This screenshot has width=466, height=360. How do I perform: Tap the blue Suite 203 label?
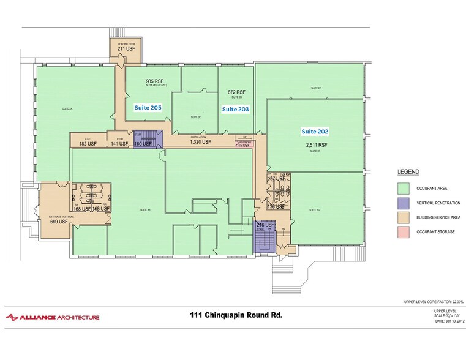(235, 108)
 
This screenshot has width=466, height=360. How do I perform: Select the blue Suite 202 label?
(314, 131)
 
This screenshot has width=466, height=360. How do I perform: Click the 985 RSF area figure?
(154, 81)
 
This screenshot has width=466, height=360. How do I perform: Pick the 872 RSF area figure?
(236, 92)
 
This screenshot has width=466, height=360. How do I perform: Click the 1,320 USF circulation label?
(200, 141)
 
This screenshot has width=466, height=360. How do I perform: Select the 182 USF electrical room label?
(88, 144)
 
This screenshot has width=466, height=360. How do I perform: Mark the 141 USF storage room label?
(119, 144)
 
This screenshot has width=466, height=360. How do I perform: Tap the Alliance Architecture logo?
(52, 317)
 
